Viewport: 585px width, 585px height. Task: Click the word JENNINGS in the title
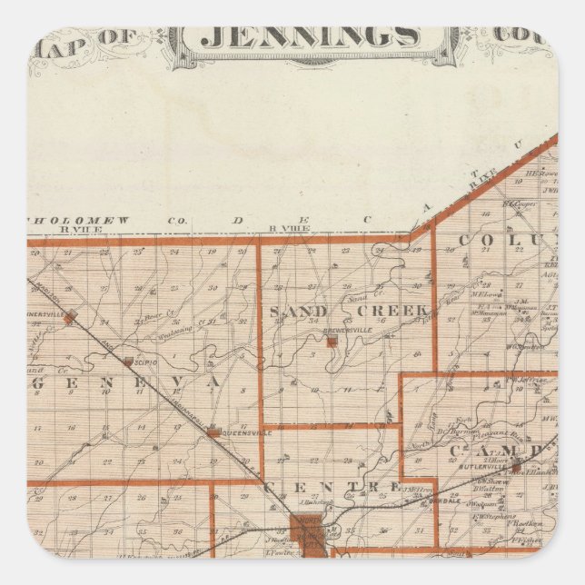click(310, 37)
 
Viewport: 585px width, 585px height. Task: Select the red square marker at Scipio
click(129, 362)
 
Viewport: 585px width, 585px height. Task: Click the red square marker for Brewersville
click(333, 342)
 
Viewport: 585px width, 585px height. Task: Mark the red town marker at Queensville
click(213, 433)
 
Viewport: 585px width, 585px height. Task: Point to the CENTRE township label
click(331, 488)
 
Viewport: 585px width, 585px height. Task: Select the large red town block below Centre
click(305, 537)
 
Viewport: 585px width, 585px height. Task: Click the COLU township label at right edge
click(503, 241)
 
